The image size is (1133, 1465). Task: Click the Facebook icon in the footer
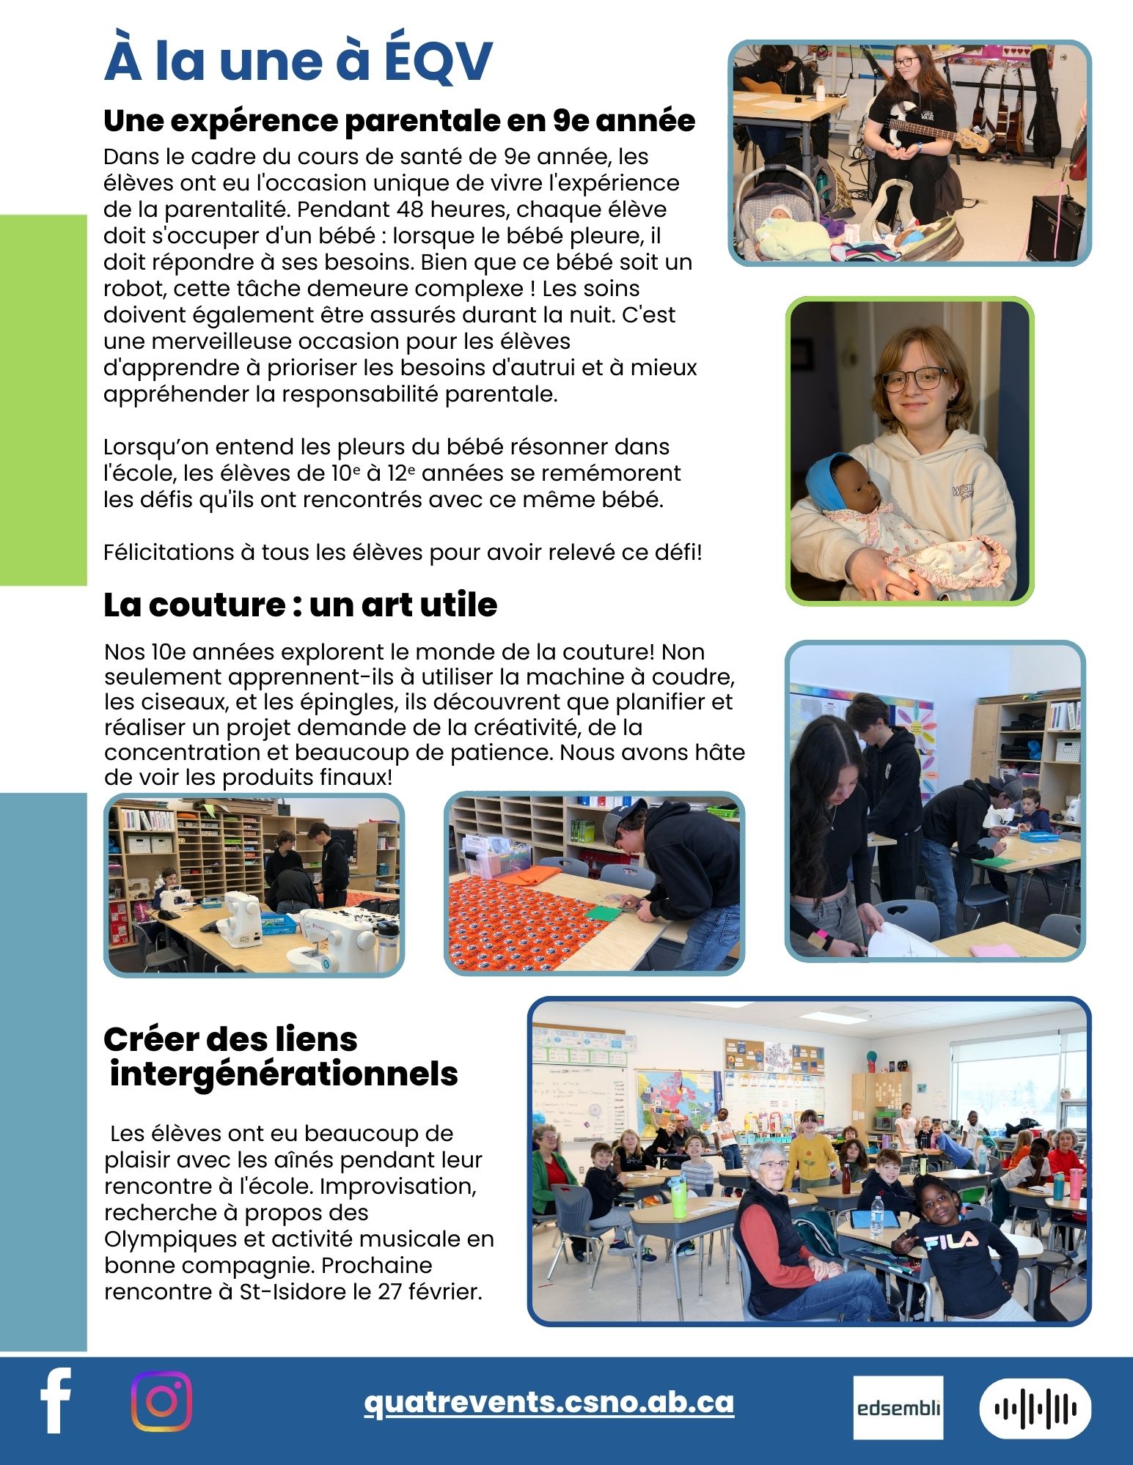[x=56, y=1401]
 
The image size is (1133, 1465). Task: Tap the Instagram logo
[x=161, y=1401]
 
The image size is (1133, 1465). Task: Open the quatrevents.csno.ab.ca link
[x=549, y=1402]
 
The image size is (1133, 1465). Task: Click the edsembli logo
[x=898, y=1408]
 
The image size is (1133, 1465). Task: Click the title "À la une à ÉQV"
[x=298, y=61]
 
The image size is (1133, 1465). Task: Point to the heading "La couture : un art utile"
[x=300, y=605]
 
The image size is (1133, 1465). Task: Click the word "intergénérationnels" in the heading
[x=284, y=1074]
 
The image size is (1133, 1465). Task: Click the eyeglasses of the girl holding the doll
[x=914, y=379]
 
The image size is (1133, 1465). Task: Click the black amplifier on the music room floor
[x=1056, y=226]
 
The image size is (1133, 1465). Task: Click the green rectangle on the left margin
[x=43, y=399]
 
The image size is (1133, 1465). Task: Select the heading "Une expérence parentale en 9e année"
[x=399, y=121]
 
